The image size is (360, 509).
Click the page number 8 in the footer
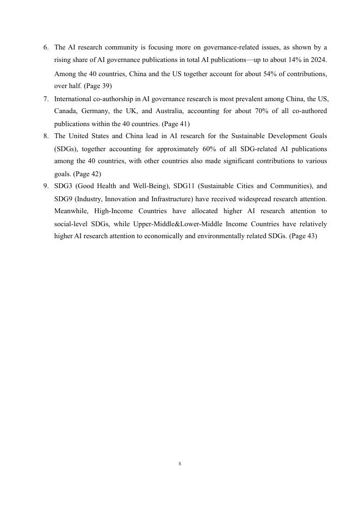click(179, 464)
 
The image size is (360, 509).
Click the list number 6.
click(46, 48)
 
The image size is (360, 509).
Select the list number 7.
click(46, 99)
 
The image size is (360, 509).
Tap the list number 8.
click(46, 136)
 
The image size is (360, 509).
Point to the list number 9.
click(46, 186)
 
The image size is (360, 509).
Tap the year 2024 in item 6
click(318, 60)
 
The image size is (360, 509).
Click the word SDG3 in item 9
click(63, 186)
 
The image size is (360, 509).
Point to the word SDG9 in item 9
click(63, 198)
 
